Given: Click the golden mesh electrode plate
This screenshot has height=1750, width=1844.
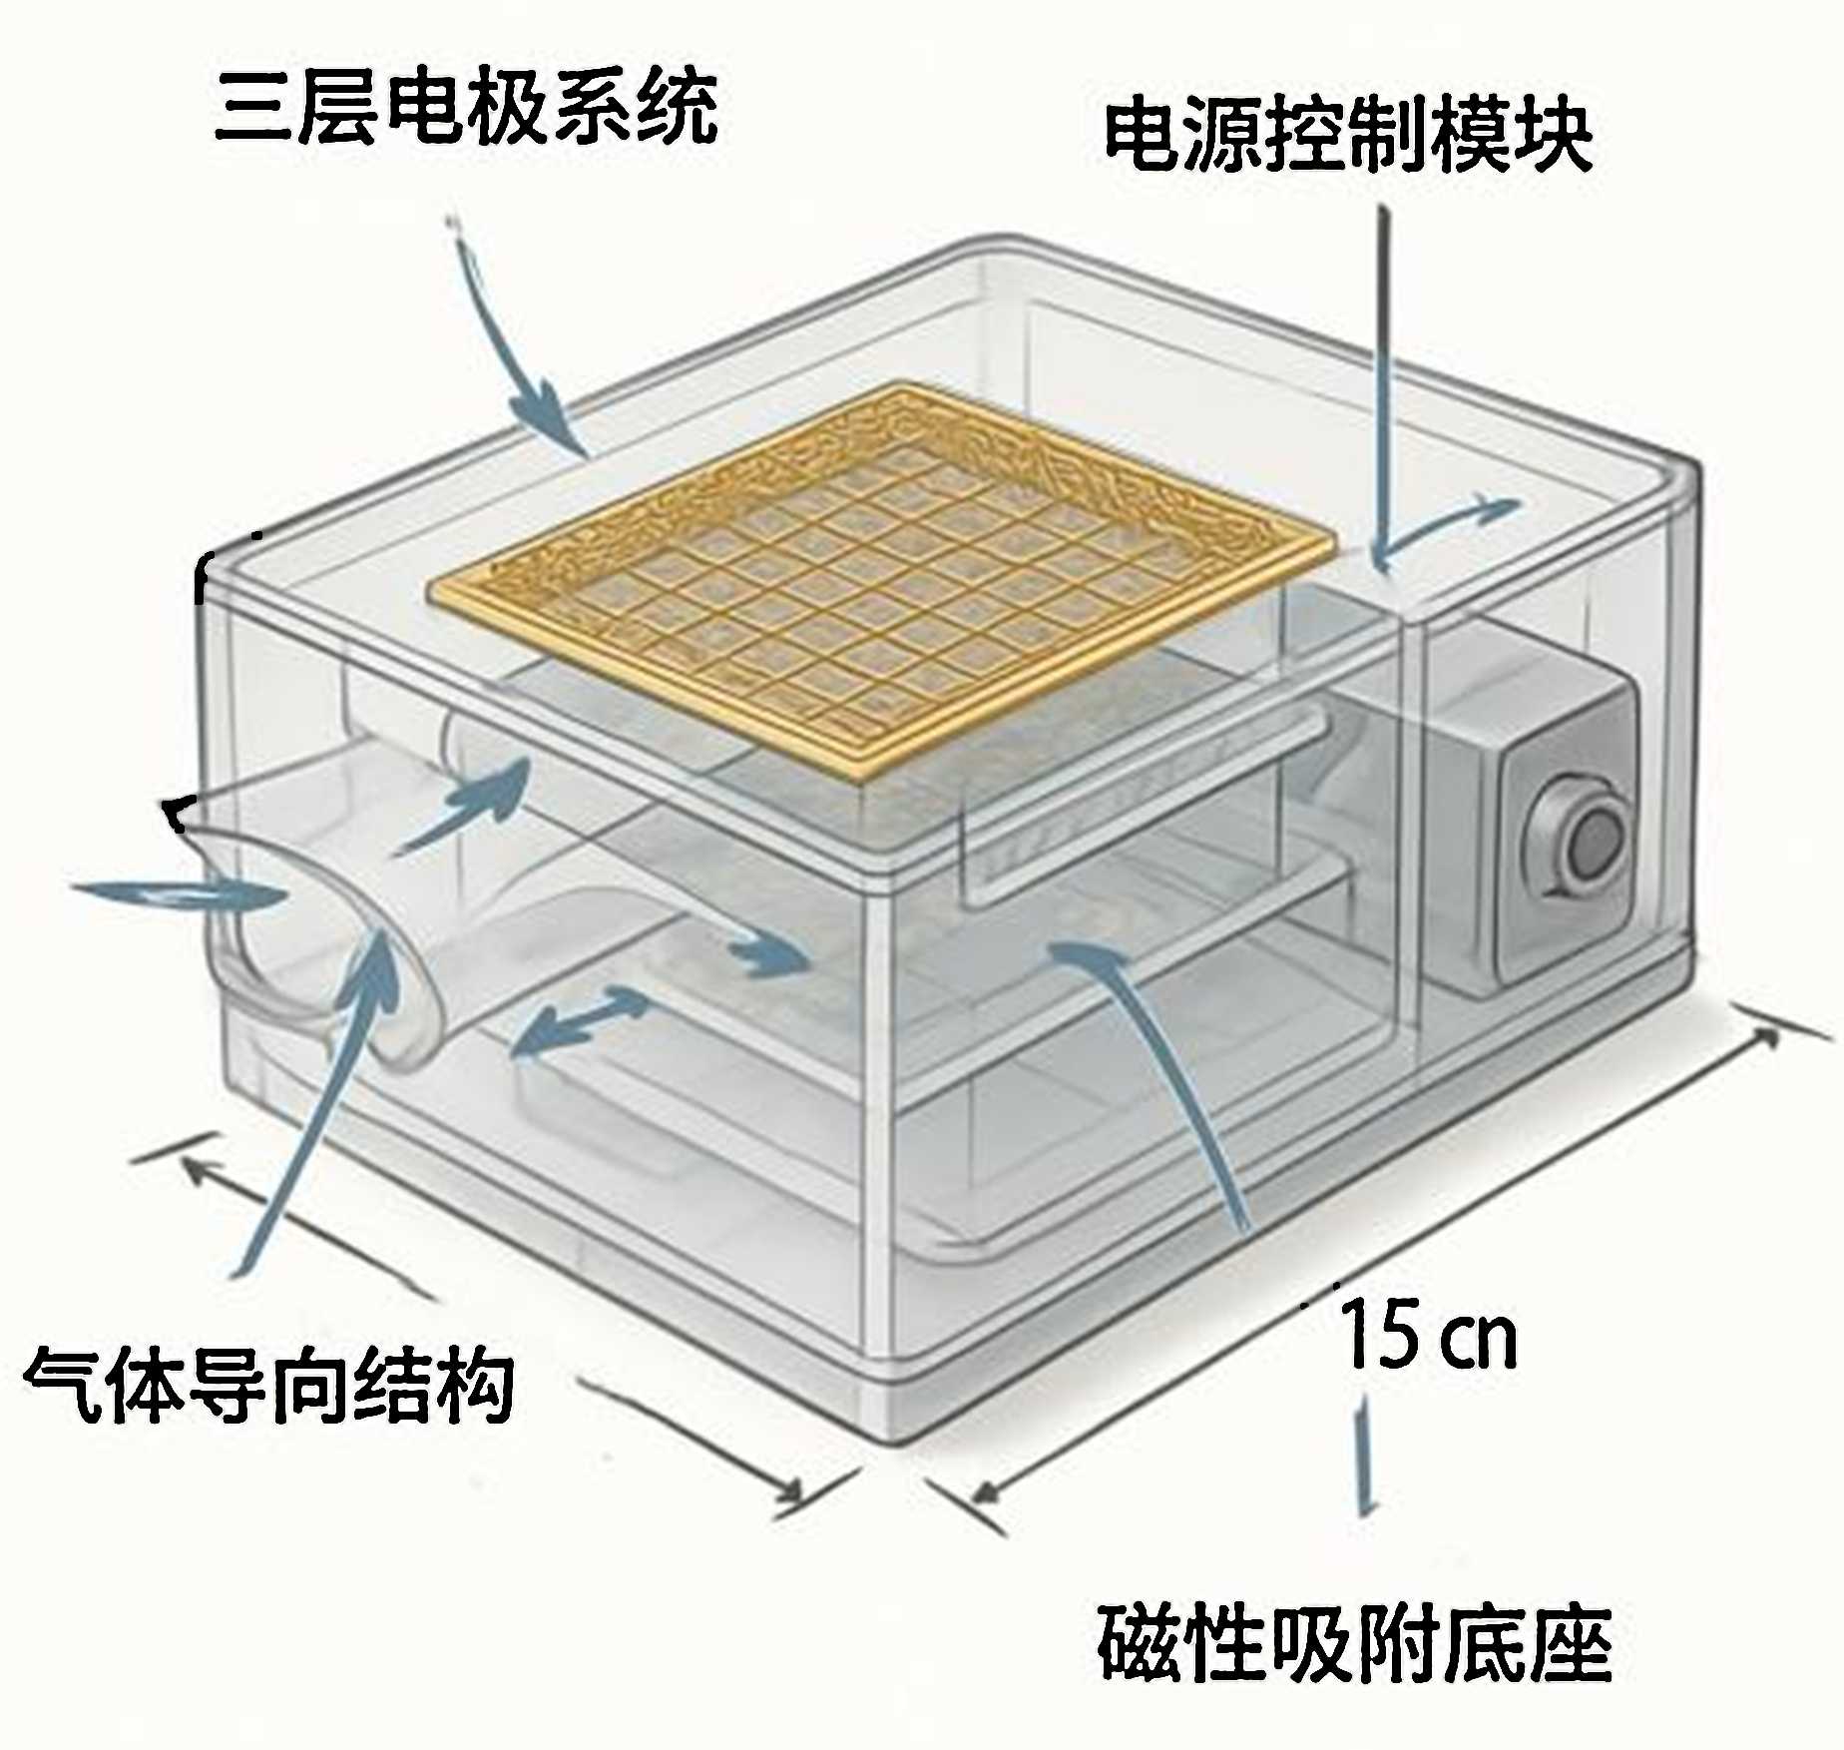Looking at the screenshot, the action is click(x=878, y=579).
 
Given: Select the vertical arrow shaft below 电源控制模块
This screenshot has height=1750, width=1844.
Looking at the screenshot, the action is click(x=1383, y=379).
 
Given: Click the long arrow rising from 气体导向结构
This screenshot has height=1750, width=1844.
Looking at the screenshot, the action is click(x=309, y=1098).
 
